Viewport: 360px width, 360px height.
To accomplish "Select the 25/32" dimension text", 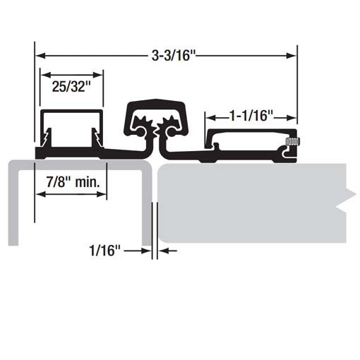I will tap(71, 88).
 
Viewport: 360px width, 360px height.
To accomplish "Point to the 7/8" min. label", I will tap(72, 181).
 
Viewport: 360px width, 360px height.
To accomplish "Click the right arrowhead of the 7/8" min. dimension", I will tap(103, 197).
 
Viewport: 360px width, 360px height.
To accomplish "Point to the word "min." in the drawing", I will tap(92, 181).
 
